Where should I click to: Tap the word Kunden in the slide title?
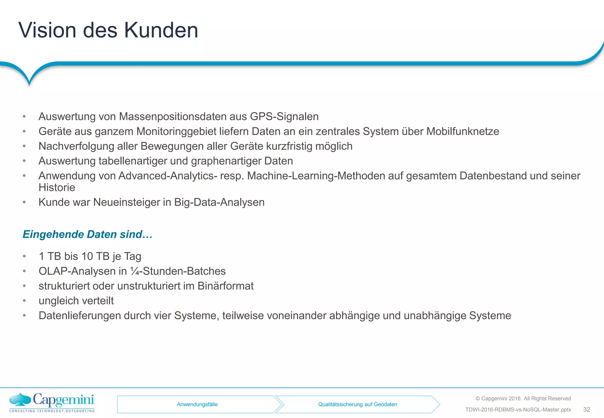(x=161, y=30)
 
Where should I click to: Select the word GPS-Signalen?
(x=284, y=117)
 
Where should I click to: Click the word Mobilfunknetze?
(x=463, y=131)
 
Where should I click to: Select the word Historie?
(x=57, y=187)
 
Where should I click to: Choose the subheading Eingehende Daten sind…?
(x=88, y=234)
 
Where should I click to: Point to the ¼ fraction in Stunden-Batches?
(x=134, y=271)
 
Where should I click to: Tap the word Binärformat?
(x=226, y=286)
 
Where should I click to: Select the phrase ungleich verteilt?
(x=76, y=301)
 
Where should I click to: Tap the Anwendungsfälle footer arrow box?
(x=197, y=404)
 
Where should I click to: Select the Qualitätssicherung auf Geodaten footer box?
(x=357, y=404)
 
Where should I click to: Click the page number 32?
(x=587, y=409)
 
